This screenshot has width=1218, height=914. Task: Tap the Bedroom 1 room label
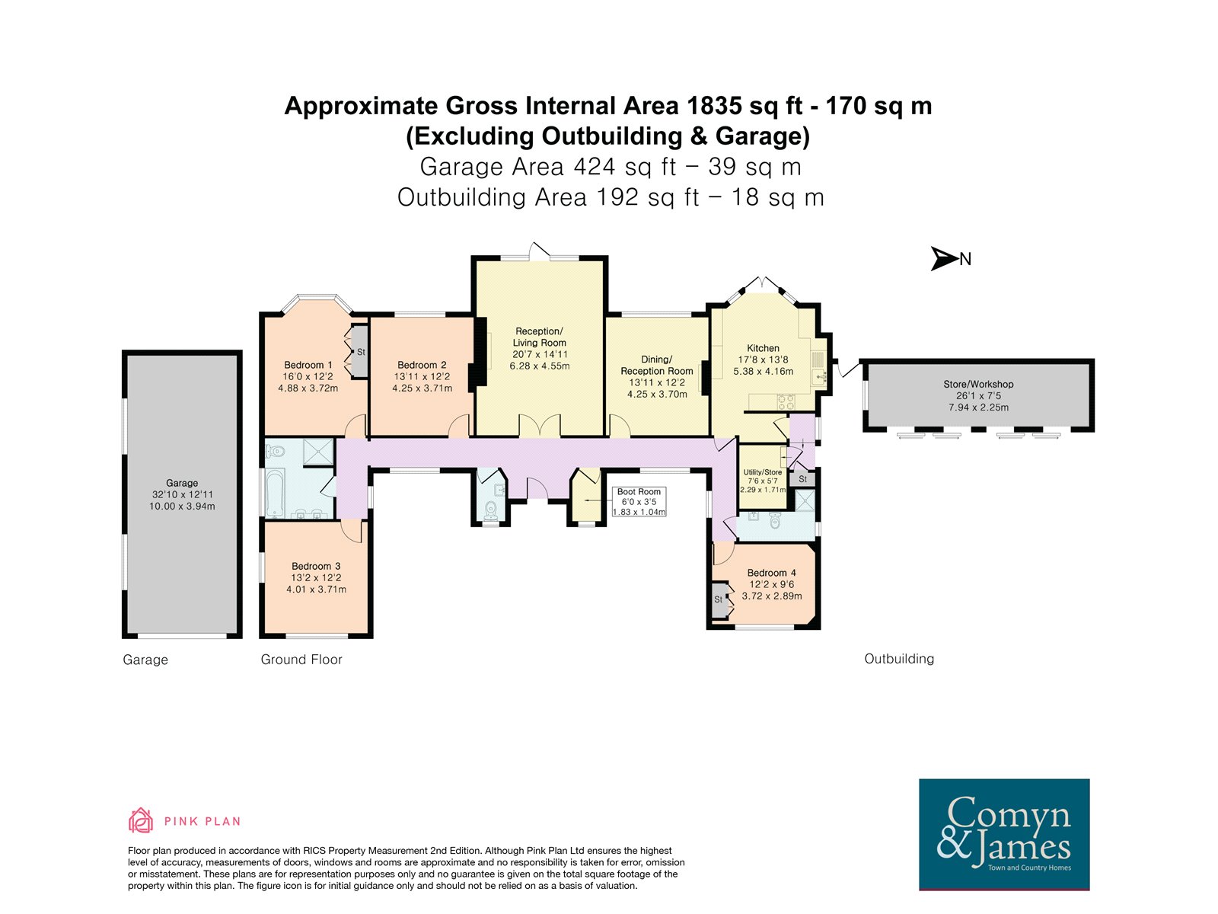click(308, 365)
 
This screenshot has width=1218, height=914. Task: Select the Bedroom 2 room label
click(422, 365)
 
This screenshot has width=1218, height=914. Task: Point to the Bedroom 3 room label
click(316, 566)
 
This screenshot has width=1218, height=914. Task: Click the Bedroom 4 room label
click(771, 573)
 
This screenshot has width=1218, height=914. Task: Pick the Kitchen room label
click(763, 348)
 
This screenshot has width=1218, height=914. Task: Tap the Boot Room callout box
click(639, 502)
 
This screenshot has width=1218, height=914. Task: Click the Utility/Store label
click(763, 472)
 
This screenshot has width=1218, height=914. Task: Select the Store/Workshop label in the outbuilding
click(978, 384)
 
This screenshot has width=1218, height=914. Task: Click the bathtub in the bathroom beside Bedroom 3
click(276, 493)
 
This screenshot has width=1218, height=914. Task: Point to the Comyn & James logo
click(1004, 834)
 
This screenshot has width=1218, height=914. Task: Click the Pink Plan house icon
click(140, 821)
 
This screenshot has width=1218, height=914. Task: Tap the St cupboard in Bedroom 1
click(360, 352)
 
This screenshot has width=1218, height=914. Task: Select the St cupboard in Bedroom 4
click(719, 599)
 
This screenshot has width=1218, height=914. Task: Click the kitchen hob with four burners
click(786, 401)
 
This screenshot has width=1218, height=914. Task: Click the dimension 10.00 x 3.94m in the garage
click(182, 506)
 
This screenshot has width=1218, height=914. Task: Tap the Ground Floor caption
click(301, 660)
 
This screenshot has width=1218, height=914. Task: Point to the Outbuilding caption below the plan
click(899, 659)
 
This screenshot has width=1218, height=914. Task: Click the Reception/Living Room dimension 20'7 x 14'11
click(540, 354)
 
